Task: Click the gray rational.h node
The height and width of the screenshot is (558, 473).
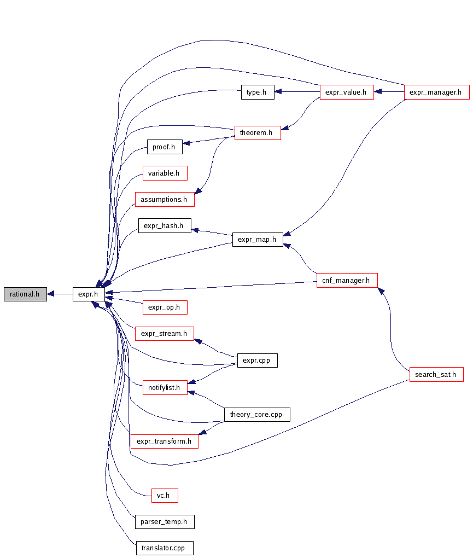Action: click(25, 294)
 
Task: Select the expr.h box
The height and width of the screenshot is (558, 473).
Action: click(88, 294)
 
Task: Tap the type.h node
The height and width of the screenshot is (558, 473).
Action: click(257, 92)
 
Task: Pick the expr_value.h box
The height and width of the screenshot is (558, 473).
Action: click(346, 92)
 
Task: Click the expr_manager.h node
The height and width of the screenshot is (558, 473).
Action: click(436, 92)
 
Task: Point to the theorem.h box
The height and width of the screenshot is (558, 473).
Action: click(257, 132)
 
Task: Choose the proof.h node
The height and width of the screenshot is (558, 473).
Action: click(164, 147)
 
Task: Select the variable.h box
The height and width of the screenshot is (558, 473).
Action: click(165, 173)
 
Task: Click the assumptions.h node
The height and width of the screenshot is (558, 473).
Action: click(164, 200)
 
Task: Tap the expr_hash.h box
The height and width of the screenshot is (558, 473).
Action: click(164, 225)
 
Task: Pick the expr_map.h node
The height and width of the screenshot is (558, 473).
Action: click(257, 239)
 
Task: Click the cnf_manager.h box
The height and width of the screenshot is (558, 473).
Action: click(347, 281)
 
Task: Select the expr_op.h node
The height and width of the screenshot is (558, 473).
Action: click(164, 307)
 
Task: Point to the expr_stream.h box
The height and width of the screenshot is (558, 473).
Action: click(164, 333)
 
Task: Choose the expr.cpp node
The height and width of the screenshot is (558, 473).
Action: click(257, 361)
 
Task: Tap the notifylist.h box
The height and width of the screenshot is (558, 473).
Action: click(165, 387)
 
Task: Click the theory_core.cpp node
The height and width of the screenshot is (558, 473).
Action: click(256, 415)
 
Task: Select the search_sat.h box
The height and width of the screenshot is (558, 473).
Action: click(436, 375)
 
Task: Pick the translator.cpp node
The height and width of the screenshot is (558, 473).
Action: click(164, 548)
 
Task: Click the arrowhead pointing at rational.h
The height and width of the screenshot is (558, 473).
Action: click(51, 294)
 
